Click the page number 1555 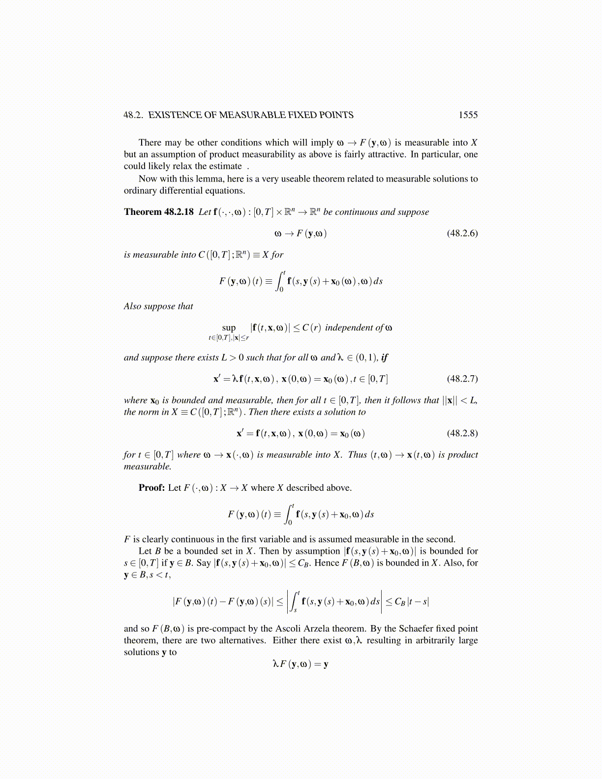[468, 115]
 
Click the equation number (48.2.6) [462, 233]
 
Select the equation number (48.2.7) [462, 379]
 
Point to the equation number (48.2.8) [462, 433]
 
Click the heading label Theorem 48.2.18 [159, 212]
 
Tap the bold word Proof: [151, 488]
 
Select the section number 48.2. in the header [133, 115]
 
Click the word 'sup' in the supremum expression [229, 328]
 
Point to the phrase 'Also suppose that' [158, 306]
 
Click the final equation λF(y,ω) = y [301, 664]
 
